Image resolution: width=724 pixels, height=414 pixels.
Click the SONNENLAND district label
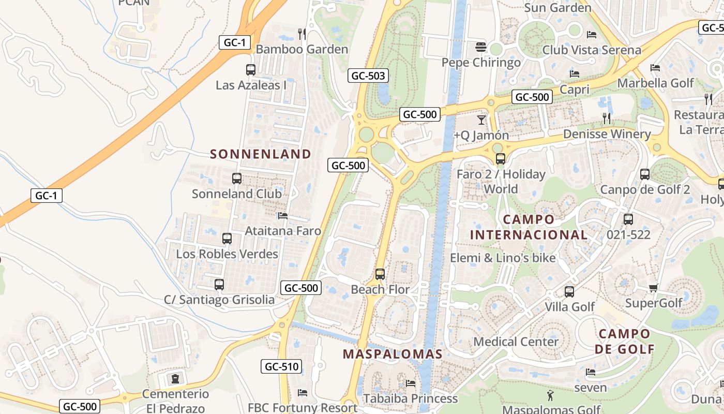pos(261,154)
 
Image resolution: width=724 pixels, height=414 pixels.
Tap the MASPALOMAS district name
pos(393,354)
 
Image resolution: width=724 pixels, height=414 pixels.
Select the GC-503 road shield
pos(368,76)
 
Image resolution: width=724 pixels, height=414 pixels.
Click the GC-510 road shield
pos(281,367)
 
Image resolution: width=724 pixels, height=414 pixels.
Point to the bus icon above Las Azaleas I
pos(251,70)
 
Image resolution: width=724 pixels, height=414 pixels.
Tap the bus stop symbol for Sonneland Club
pos(237,179)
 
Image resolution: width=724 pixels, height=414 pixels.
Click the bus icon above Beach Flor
pos(380,274)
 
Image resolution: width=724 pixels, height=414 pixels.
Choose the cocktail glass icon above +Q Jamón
pos(481,120)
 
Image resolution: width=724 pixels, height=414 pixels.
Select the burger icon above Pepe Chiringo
pos(481,47)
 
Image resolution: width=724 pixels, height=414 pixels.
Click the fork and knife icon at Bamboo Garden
pos(302,34)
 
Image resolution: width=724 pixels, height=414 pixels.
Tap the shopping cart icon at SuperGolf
pos(653,288)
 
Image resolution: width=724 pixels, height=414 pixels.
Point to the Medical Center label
pos(516,342)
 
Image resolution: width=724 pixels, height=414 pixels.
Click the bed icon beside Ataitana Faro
pos(282,216)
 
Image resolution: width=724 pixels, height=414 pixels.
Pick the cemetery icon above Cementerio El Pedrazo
pos(175,378)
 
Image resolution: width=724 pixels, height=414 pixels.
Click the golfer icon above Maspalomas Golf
pos(550,396)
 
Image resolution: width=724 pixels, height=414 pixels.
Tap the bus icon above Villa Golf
pos(569,292)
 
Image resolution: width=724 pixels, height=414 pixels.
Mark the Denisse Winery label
pos(607,134)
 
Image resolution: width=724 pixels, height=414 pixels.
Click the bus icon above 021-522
pos(628,219)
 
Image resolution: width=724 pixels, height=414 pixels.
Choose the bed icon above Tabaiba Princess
pos(411,383)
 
